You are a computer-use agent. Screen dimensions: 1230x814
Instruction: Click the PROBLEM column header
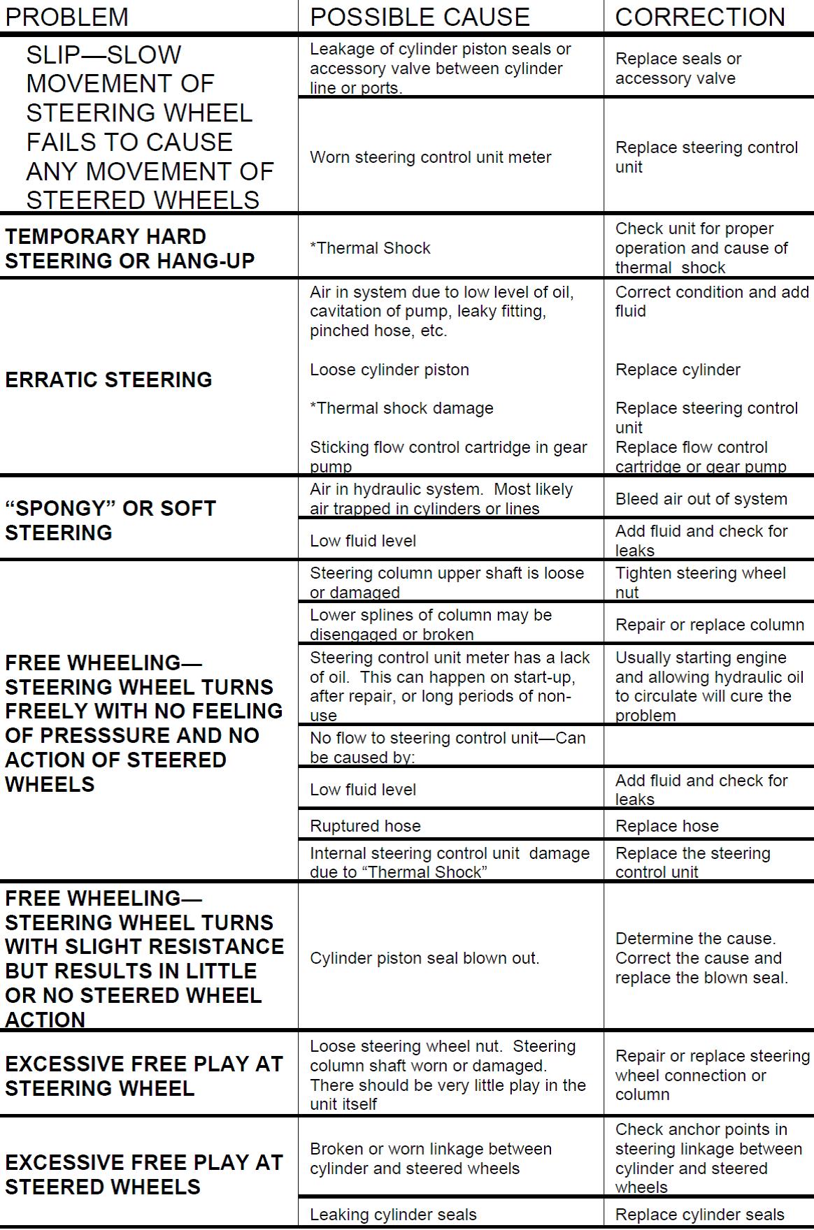(x=67, y=17)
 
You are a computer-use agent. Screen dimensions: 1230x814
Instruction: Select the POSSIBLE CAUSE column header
(x=420, y=17)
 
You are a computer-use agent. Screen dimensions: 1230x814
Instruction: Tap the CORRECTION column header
(x=700, y=17)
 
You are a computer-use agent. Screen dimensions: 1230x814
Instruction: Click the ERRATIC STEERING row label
(x=108, y=379)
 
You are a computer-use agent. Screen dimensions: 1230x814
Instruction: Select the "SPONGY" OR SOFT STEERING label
(x=110, y=521)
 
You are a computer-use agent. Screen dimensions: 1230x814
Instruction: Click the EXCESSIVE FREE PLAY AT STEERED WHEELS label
(x=143, y=1174)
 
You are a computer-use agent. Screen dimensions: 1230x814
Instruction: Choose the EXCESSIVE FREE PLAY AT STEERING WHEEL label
(x=143, y=1076)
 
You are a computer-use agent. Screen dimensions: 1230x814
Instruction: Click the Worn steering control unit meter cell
(x=430, y=157)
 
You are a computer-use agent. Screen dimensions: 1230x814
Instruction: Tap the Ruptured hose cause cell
(x=365, y=826)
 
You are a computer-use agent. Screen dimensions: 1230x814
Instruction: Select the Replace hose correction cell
(x=666, y=826)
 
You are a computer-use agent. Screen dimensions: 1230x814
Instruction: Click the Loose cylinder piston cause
(x=389, y=370)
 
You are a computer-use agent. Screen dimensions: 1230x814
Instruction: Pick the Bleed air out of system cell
(x=701, y=499)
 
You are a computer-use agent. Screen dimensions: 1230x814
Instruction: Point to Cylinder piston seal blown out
(x=424, y=958)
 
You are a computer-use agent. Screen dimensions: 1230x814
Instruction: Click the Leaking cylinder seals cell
(x=393, y=1215)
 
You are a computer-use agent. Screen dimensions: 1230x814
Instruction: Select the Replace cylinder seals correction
(x=699, y=1215)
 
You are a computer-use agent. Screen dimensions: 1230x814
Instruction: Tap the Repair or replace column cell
(x=709, y=625)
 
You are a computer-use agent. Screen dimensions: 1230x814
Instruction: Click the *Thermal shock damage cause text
(x=401, y=408)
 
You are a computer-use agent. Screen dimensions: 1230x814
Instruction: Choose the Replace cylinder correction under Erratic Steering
(x=677, y=370)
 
